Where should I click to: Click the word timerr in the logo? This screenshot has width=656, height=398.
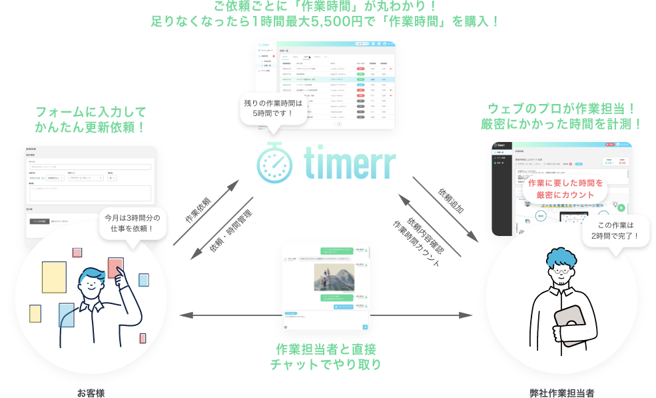click(349, 163)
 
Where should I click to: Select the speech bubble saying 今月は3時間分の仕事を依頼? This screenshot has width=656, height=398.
click(133, 223)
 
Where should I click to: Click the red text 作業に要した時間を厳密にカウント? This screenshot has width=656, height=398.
click(565, 189)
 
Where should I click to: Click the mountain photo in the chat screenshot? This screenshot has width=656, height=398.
click(334, 276)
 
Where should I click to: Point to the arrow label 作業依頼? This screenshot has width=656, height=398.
click(197, 209)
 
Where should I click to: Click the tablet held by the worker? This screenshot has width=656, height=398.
click(568, 324)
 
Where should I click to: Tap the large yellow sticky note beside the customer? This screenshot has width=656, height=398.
click(54, 281)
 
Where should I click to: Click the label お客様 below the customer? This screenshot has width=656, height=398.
click(91, 393)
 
